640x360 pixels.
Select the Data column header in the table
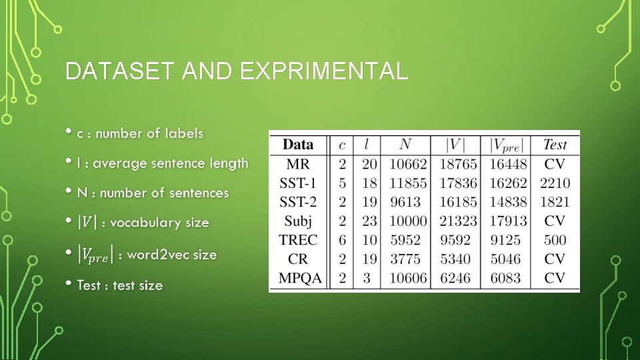coord(298,144)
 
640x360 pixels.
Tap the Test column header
coord(555,144)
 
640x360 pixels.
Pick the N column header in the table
coord(405,144)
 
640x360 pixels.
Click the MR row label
coord(298,163)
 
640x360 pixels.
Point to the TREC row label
coord(298,240)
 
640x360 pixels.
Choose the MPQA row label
coord(298,278)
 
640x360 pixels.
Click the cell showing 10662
coord(408,163)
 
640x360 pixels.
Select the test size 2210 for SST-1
coord(555,183)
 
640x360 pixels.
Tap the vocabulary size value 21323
coord(459,221)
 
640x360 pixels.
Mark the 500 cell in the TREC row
coord(555,240)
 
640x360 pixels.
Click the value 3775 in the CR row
coord(408,259)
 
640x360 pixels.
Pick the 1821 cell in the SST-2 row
coord(555,201)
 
